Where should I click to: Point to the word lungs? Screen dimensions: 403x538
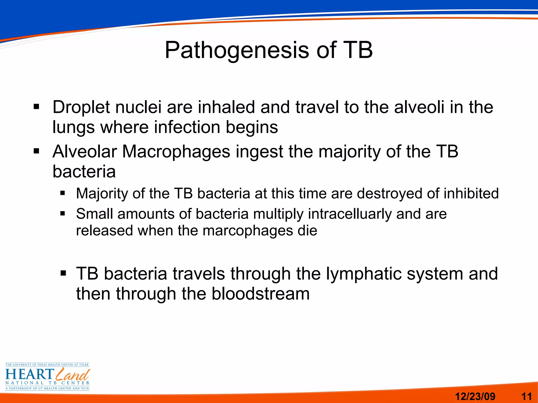[73, 128]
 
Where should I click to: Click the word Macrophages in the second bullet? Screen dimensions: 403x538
[176, 152]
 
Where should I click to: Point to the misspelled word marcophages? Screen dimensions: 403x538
[248, 231]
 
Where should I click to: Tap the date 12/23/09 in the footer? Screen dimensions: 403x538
[475, 396]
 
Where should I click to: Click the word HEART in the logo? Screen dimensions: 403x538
[29, 374]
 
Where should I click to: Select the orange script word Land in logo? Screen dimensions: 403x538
[73, 374]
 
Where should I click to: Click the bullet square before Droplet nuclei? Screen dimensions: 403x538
[36, 107]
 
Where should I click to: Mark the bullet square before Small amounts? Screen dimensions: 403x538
[63, 214]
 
